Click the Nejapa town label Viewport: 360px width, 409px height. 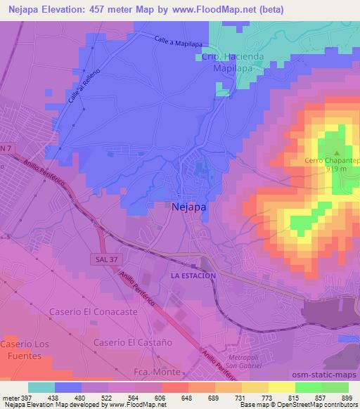[x=188, y=207]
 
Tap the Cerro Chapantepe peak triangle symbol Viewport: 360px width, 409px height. [x=336, y=152]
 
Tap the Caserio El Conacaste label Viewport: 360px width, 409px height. [x=86, y=311]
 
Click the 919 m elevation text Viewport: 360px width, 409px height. [x=336, y=169]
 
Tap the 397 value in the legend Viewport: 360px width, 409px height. [x=26, y=397]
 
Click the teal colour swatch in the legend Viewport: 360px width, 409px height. [x=41, y=387]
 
